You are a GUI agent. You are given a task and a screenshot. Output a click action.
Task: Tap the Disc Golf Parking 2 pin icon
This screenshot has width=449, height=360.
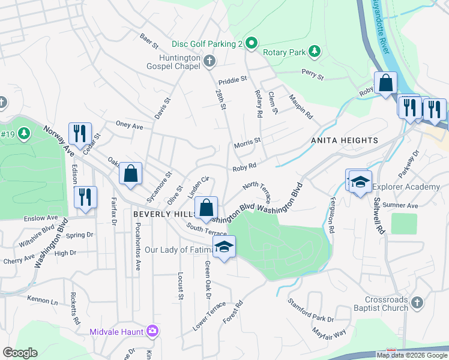[x=252, y=43]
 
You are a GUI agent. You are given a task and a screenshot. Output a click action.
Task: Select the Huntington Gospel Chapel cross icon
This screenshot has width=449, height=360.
[x=209, y=61]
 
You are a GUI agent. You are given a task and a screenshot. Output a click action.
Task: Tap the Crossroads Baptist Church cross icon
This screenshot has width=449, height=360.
[x=418, y=303]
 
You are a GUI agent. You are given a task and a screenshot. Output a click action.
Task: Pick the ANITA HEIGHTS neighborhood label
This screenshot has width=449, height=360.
[x=345, y=140]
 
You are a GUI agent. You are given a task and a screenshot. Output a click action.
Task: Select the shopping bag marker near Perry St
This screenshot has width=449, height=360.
[x=385, y=83]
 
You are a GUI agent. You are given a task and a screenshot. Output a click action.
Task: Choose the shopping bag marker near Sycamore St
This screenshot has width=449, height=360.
[x=130, y=173]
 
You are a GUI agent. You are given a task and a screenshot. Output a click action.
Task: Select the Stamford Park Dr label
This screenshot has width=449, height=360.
[x=310, y=310]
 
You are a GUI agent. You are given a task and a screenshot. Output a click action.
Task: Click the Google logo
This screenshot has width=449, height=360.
[x=20, y=353]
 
